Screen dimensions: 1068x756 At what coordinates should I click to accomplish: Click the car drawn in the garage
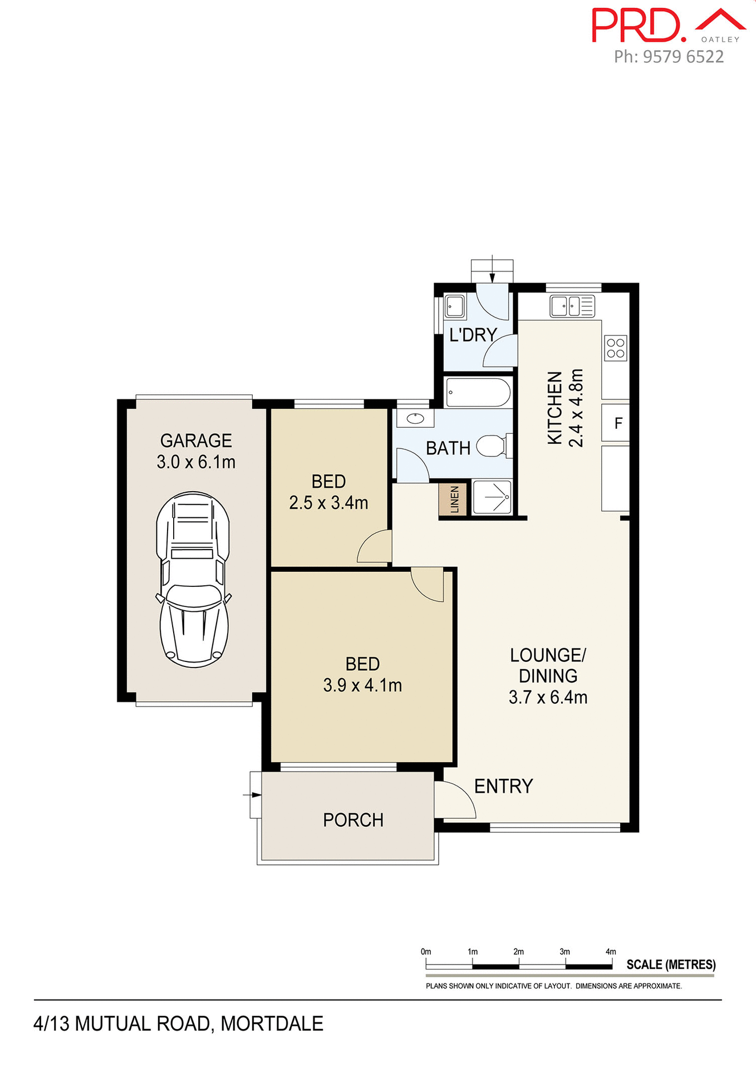click(193, 580)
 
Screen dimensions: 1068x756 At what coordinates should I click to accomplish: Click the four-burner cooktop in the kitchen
click(615, 348)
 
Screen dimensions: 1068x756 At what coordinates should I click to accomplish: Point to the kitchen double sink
click(572, 306)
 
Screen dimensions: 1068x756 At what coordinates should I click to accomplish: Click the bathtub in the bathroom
click(478, 393)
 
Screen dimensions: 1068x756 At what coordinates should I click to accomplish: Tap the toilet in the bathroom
click(492, 446)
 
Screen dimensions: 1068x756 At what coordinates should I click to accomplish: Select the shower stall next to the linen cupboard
click(492, 497)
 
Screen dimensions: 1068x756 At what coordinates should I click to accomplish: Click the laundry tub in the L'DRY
click(455, 306)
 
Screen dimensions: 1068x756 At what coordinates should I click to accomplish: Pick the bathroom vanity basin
click(415, 418)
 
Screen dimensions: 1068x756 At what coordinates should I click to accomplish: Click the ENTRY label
click(503, 786)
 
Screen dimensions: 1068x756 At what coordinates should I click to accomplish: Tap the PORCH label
click(353, 820)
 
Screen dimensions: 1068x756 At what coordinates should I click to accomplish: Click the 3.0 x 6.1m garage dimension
click(196, 462)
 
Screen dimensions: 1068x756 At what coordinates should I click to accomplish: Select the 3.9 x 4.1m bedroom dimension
click(362, 685)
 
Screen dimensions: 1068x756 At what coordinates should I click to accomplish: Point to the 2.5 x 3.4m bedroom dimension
click(328, 503)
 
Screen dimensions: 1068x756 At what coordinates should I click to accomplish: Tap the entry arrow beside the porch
click(253, 795)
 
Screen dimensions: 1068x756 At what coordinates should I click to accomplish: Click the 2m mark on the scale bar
click(518, 952)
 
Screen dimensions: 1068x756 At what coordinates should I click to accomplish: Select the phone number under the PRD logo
click(669, 57)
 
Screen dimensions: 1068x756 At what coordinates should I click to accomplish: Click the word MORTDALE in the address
click(272, 1024)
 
